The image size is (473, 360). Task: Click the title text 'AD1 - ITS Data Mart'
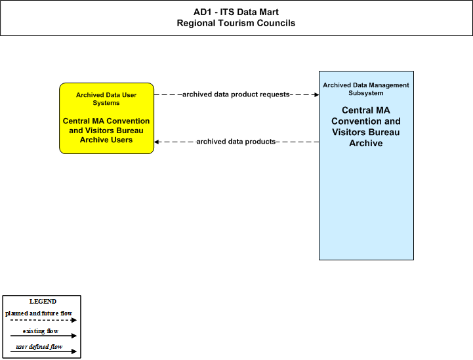[236, 12]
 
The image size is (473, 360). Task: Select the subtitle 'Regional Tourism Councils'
[236, 23]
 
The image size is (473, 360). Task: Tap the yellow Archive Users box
[106, 118]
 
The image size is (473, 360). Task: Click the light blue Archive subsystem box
[366, 165]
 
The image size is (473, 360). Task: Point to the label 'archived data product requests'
[236, 94]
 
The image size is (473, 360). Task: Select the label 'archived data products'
[236, 142]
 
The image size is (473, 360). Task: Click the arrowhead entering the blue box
[317, 94]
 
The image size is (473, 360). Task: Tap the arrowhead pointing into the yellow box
[156, 142]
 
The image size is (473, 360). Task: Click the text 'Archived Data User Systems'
[106, 99]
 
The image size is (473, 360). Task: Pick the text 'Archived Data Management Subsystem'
[366, 89]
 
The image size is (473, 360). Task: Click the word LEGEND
[43, 302]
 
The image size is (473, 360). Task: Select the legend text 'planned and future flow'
[39, 313]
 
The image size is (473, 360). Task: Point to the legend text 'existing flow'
[41, 331]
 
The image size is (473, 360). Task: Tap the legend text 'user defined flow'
[39, 347]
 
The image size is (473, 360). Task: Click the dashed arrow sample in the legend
[43, 320]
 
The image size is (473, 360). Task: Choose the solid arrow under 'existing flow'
[43, 336]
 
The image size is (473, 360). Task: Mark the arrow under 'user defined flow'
[43, 351]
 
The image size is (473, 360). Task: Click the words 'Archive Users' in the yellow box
[106, 140]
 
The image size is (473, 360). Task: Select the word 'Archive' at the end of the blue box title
[366, 143]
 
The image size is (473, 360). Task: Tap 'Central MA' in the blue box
[366, 110]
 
